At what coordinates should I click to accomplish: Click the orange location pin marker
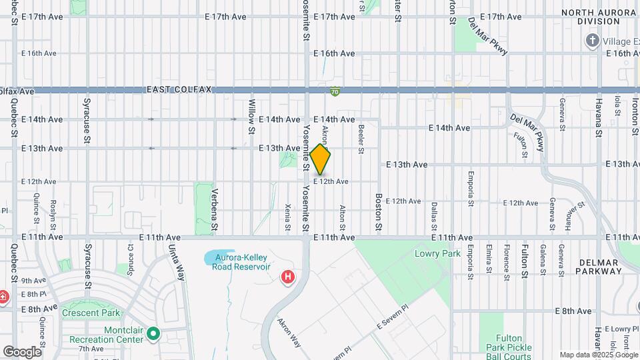point(320,159)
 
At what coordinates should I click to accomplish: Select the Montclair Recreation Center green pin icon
point(153,333)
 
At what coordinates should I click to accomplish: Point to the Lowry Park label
point(437,254)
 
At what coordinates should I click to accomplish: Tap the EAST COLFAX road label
point(179,90)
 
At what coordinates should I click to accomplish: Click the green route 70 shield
point(334,91)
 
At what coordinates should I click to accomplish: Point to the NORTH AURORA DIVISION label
point(598,17)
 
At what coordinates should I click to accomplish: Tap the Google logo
point(22,351)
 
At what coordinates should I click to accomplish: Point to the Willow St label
point(252,110)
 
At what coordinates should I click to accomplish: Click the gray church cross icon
point(591,41)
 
